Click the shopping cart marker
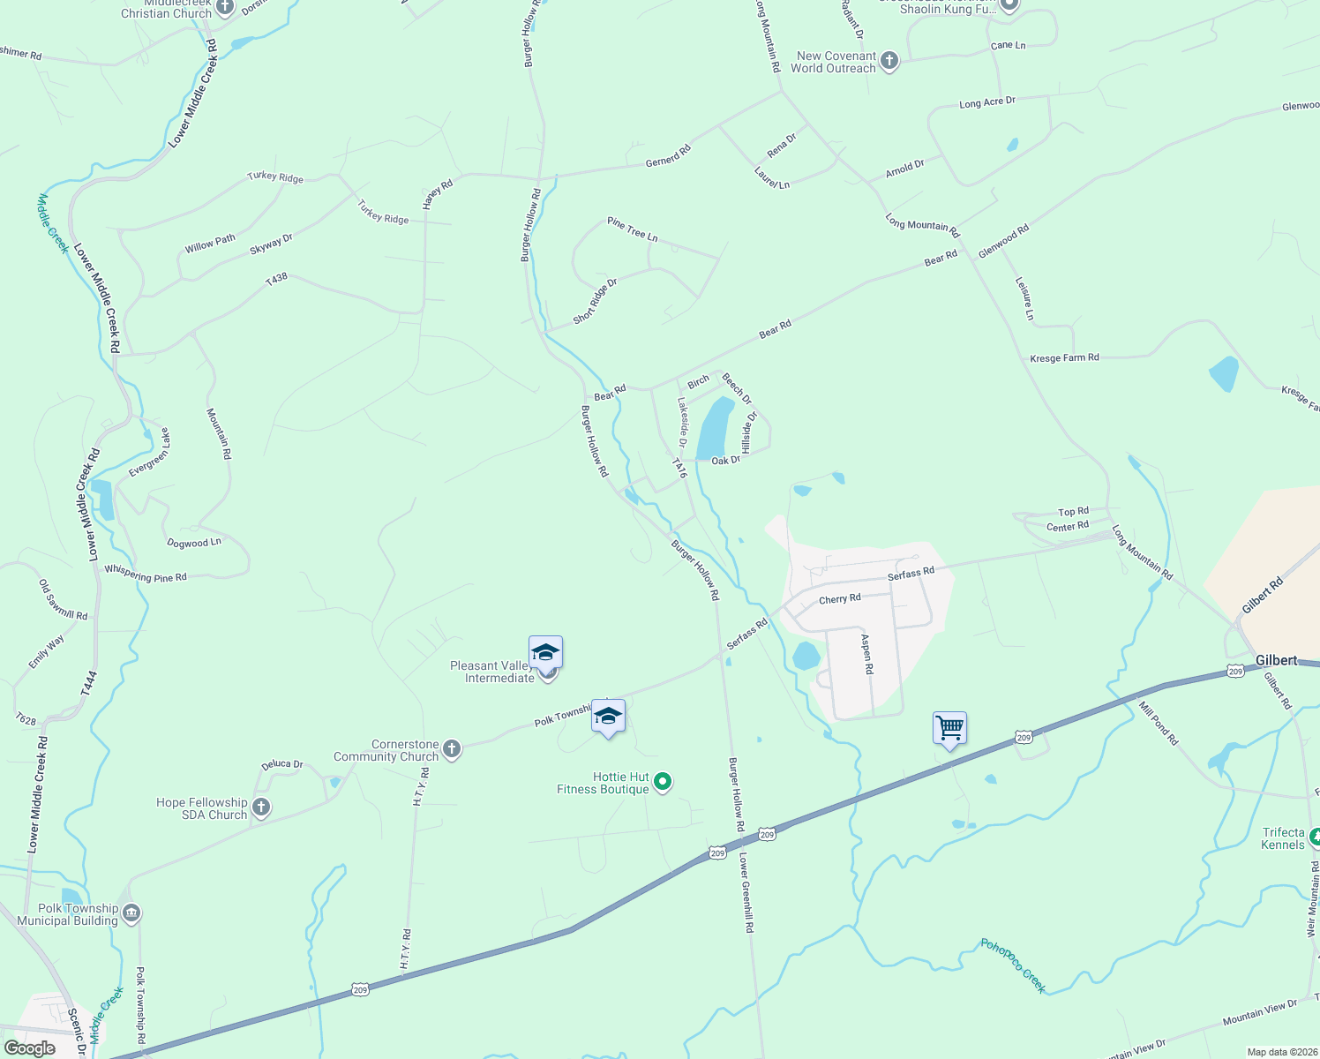949,729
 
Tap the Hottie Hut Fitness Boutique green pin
664,782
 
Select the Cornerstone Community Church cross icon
451,750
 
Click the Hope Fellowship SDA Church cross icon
260,807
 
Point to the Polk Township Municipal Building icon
131,913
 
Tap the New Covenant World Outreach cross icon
889,61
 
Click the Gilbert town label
1276,660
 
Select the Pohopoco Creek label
1013,965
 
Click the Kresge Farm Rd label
1064,357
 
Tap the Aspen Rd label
867,655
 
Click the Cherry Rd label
839,599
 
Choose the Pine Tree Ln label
632,229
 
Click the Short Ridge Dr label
595,301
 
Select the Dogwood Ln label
194,543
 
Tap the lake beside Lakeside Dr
716,428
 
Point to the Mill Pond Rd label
1159,723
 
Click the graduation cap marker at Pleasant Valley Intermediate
545,653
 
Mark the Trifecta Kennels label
1282,838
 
